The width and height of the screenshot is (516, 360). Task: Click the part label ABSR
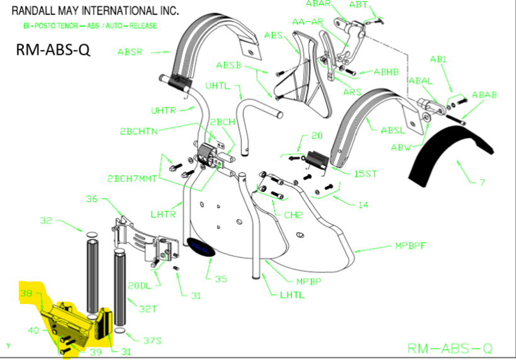pyautogui.click(x=130, y=51)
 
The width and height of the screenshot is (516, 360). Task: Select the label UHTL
pyautogui.click(x=218, y=86)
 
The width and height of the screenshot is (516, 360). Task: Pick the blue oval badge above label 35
pyautogui.click(x=201, y=248)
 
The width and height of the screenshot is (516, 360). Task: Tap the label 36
pyautogui.click(x=92, y=200)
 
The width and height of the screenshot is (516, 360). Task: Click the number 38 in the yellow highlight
pyautogui.click(x=26, y=294)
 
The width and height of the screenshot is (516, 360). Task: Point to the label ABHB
pyautogui.click(x=386, y=72)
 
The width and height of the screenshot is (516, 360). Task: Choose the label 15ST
pyautogui.click(x=365, y=173)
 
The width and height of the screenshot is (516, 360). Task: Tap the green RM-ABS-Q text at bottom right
pyautogui.click(x=449, y=348)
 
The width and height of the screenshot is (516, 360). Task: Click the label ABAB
pyautogui.click(x=484, y=94)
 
